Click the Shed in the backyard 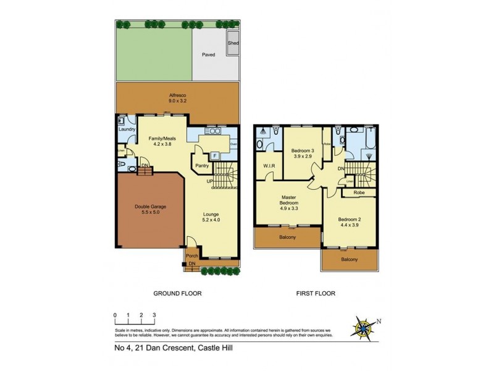233,44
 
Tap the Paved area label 208,54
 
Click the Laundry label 126,129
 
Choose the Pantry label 201,166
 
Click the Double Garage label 151,210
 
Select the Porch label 192,256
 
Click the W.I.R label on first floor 268,166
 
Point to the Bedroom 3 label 303,154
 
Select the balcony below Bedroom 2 350,259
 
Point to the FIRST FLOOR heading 316,294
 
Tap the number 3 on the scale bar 154,315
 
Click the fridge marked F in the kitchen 214,155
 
